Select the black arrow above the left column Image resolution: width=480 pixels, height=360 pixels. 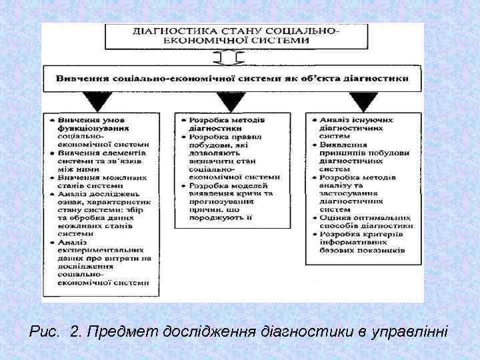click(x=98, y=101)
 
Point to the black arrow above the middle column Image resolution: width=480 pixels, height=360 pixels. click(x=230, y=101)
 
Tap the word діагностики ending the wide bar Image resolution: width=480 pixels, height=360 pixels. click(x=376, y=78)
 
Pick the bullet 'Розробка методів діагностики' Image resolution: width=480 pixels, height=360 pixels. click(x=224, y=123)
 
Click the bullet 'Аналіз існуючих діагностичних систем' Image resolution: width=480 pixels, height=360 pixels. click(x=357, y=123)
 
